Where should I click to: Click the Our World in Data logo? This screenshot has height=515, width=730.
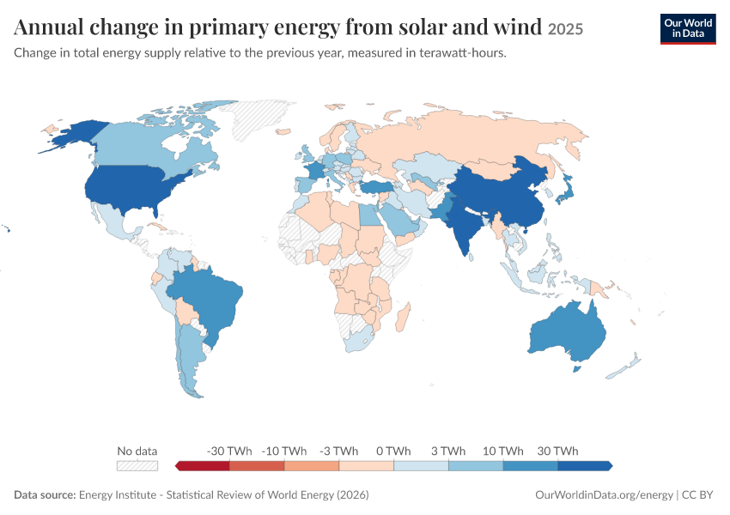(688, 29)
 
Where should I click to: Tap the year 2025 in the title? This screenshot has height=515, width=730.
(565, 29)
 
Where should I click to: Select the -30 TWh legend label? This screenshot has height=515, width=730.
(229, 451)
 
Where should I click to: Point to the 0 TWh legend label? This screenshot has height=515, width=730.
(393, 451)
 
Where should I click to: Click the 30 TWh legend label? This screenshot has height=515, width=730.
(557, 451)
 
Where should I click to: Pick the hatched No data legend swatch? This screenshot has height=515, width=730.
(137, 466)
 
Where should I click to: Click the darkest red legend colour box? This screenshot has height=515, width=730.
(202, 466)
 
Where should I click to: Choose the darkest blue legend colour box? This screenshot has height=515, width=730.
(585, 466)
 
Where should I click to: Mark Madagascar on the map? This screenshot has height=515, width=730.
(403, 317)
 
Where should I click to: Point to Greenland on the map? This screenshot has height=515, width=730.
(259, 118)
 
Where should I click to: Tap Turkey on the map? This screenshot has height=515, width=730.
(378, 187)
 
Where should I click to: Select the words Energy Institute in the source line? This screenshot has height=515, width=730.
(118, 494)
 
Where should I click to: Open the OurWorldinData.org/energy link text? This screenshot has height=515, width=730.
(605, 495)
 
